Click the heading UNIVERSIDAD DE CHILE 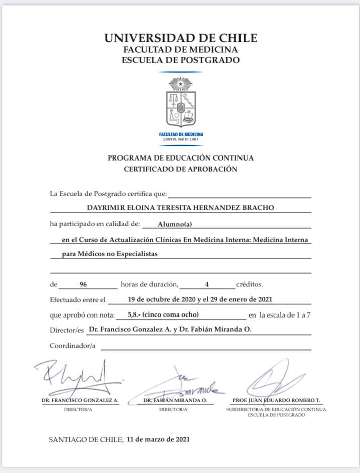click(x=181, y=38)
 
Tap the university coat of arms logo click(x=181, y=102)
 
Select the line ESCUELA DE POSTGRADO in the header click(x=181, y=60)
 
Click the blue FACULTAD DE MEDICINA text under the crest click(x=181, y=134)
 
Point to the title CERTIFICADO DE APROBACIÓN click(x=181, y=169)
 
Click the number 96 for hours click(x=83, y=285)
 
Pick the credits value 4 click(x=206, y=285)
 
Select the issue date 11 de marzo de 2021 click(x=158, y=439)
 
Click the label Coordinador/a click(x=73, y=345)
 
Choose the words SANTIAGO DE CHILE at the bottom click(x=85, y=440)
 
